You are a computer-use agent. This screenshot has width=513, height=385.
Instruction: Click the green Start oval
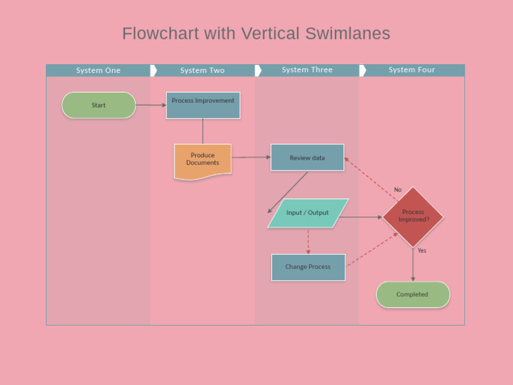pos(99,105)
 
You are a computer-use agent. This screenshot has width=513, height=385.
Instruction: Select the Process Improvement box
pos(203,105)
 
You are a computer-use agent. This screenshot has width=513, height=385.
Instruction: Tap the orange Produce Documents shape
pos(202,160)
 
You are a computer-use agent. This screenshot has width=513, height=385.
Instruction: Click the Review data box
pos(307,158)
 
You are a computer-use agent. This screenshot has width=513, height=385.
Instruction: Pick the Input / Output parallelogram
pos(308,213)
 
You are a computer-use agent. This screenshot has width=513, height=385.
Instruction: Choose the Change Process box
pos(308,267)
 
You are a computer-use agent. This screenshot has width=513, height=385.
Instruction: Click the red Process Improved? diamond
pos(413,216)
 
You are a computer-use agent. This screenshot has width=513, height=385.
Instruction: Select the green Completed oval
pos(413,295)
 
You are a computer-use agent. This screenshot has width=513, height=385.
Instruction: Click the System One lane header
pos(98,70)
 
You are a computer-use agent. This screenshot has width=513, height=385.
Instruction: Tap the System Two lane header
pos(202,70)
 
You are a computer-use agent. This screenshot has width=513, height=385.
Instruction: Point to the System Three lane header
pos(307,70)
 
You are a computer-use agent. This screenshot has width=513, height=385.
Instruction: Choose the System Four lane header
pos(411,70)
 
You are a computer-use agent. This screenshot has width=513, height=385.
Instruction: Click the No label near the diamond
pos(398,190)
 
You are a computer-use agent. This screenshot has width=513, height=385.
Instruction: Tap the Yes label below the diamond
pos(421,251)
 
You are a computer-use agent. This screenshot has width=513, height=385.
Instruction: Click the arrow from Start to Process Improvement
pos(151,105)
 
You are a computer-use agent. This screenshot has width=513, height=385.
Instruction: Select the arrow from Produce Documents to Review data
pos(251,157)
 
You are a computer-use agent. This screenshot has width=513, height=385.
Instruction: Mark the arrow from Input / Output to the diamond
pos(361,217)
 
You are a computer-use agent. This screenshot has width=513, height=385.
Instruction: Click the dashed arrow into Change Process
pos(308,242)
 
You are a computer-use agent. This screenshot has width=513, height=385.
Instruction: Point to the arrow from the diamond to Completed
pos(413,265)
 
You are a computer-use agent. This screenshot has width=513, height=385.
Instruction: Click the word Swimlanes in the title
pos(348,33)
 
